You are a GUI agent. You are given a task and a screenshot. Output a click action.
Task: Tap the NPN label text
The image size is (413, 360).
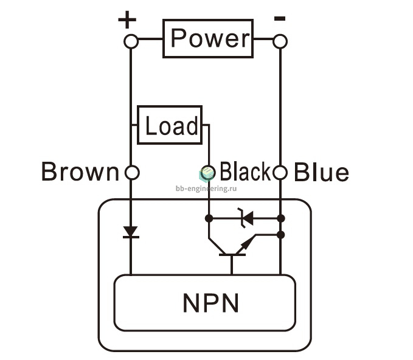[210, 303]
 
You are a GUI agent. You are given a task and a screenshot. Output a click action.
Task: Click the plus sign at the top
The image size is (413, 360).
[127, 19]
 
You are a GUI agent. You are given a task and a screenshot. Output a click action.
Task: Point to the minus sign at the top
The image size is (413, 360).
[280, 18]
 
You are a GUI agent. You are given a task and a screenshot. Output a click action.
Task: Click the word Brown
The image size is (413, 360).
[80, 171]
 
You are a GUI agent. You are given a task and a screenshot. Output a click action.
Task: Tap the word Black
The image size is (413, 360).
[245, 171]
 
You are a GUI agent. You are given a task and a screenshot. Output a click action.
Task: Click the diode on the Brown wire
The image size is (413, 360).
[131, 232]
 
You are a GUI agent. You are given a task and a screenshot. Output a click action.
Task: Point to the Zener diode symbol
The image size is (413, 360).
[246, 218]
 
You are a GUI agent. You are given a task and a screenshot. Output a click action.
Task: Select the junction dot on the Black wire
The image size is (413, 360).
[209, 218]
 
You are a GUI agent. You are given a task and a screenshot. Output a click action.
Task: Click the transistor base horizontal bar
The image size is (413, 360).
[232, 255]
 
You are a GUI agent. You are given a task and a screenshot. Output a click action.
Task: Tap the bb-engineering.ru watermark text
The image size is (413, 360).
[206, 189]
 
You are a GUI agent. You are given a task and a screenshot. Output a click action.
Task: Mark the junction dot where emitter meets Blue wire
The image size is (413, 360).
[281, 235]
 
